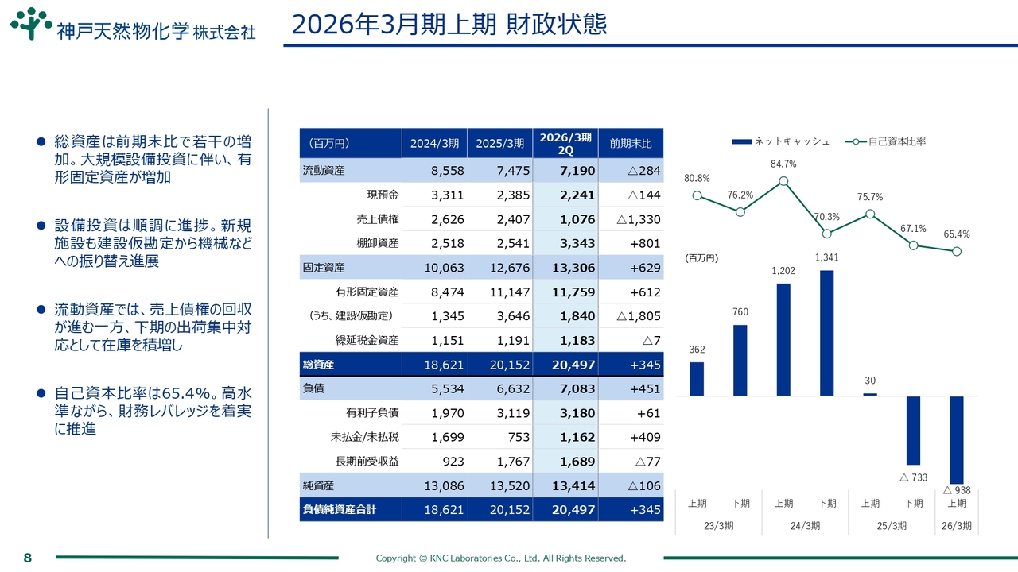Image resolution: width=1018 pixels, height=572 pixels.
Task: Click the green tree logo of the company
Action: click(x=31, y=23)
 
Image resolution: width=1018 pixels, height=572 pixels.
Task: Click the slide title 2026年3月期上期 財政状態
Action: click(x=449, y=25)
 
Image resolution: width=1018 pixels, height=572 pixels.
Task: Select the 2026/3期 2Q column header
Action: click(x=565, y=144)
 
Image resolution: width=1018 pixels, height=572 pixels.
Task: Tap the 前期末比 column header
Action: click(x=631, y=144)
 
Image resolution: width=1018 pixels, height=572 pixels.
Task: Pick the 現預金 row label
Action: click(x=383, y=195)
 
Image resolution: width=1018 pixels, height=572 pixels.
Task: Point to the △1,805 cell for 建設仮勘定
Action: click(x=639, y=316)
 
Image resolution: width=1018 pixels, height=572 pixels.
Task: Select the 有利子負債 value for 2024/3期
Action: click(x=447, y=413)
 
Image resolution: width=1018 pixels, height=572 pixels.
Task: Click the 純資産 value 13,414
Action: click(x=573, y=485)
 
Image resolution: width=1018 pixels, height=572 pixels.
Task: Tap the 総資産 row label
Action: click(x=318, y=365)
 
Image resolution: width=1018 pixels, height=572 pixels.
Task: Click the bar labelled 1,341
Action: click(x=826, y=332)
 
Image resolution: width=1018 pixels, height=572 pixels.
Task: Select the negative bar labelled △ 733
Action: click(x=913, y=430)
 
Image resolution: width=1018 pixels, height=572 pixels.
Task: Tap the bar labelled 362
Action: click(x=697, y=378)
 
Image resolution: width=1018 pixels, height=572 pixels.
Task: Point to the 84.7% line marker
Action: click(x=783, y=181)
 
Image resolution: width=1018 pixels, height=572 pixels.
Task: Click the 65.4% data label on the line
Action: click(x=957, y=234)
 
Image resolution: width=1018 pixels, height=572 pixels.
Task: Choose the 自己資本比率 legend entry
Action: click(x=886, y=141)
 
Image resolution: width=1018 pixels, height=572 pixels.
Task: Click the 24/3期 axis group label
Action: click(x=805, y=526)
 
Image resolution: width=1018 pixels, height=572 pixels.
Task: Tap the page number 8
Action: click(x=27, y=558)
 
